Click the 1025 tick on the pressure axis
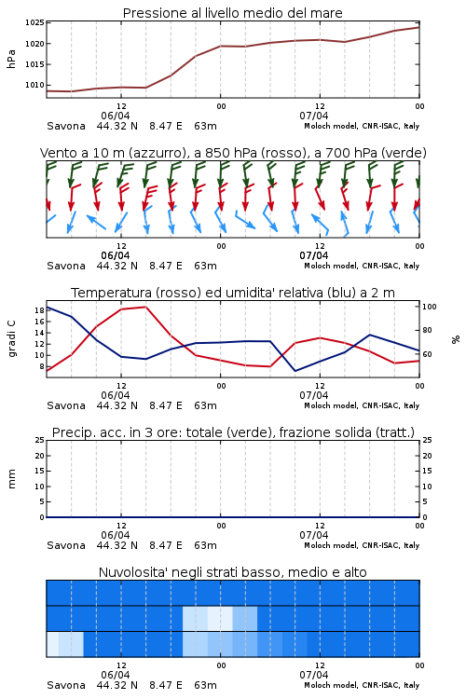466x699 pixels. point(34,22)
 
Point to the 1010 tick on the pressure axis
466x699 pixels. point(34,85)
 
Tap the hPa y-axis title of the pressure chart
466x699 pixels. point(11,59)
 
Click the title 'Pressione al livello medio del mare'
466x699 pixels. point(232,13)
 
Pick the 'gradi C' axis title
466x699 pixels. point(11,339)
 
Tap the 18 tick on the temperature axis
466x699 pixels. point(39,310)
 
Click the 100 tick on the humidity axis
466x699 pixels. point(430,307)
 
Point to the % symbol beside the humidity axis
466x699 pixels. point(456,339)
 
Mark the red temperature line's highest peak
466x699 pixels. point(145,307)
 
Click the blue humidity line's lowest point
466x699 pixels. point(295,371)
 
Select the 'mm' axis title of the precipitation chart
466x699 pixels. point(11,479)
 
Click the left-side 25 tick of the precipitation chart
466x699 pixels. point(39,441)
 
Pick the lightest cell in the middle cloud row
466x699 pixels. point(220,618)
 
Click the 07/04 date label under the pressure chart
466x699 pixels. point(314,116)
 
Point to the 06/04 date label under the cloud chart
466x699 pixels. point(116,675)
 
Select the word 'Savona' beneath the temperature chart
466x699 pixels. point(66,405)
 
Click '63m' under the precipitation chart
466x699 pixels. point(206,545)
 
